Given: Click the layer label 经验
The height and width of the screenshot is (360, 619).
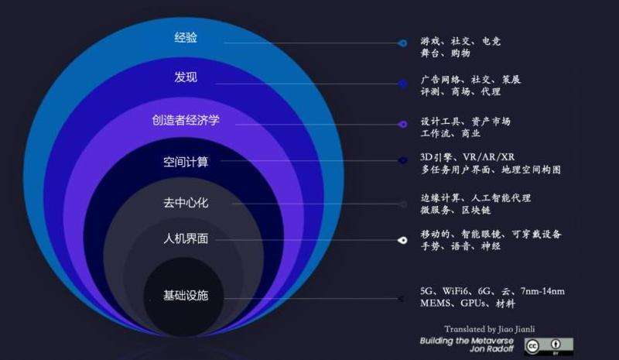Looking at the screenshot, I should click(186, 37).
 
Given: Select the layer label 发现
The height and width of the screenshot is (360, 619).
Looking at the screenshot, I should click(186, 77).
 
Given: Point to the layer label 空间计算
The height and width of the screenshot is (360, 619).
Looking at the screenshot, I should click(186, 162).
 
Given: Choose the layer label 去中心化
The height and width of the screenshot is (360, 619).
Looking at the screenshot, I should click(186, 203).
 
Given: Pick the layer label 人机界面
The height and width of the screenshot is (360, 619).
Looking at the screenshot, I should click(186, 239).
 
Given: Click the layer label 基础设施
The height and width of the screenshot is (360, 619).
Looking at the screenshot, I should click(186, 296).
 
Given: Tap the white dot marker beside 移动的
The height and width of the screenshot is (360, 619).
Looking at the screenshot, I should click(402, 240).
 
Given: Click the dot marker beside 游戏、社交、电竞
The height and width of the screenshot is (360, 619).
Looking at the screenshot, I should click(402, 43).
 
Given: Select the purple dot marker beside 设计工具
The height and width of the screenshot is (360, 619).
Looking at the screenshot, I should click(402, 124).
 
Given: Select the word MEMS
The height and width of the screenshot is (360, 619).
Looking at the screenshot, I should click(436, 303).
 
